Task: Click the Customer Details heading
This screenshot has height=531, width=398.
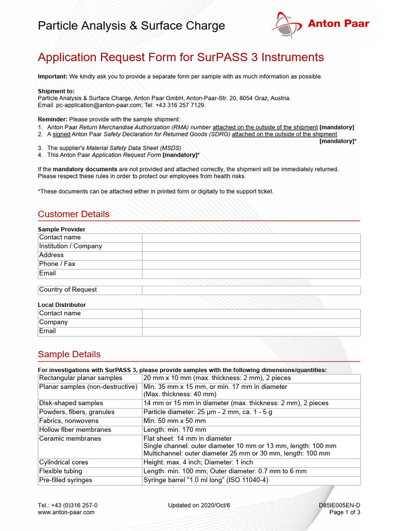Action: pyautogui.click(x=74, y=214)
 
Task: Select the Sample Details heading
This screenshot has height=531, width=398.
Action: pyautogui.click(x=69, y=354)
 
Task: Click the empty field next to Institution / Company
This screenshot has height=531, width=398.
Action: pyautogui.click(x=251, y=246)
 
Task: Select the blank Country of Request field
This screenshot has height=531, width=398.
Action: pyautogui.click(x=251, y=290)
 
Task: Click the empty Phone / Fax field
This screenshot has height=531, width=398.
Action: pyautogui.click(x=251, y=264)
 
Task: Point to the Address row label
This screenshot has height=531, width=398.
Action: pyautogui.click(x=51, y=255)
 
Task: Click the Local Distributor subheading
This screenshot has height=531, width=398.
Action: pyautogui.click(x=62, y=305)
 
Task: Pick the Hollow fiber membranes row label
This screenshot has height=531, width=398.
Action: pyautogui.click(x=75, y=430)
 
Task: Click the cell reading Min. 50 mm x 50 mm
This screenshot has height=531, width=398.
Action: pyautogui.click(x=174, y=421)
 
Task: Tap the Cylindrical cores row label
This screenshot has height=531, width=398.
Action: pyautogui.click(x=64, y=463)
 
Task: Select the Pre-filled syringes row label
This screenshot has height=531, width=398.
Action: pyautogui.click(x=66, y=480)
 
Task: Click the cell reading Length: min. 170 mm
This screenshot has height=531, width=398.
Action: pyautogui.click(x=175, y=430)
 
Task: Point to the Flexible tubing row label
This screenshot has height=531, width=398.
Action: pyautogui.click(x=61, y=471)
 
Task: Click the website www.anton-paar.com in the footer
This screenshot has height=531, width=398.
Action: pyautogui.click(x=66, y=512)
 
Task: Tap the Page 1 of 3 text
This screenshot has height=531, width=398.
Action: pyautogui.click(x=345, y=512)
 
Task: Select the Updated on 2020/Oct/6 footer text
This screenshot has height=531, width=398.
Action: pyautogui.click(x=199, y=505)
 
